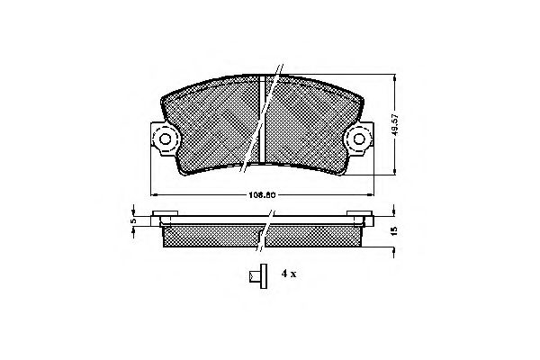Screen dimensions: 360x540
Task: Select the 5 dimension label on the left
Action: tap(132, 220)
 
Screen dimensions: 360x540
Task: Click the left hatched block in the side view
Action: tap(211, 235)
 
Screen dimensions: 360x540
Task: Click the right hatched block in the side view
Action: tap(315, 235)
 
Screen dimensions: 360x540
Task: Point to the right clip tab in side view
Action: tap(364, 216)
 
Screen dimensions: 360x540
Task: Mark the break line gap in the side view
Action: tap(265, 232)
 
